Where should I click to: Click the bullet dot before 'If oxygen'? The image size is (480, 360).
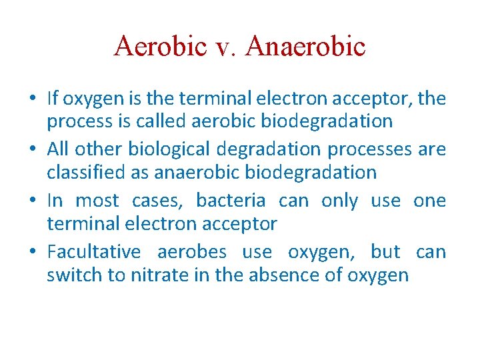point(33,99)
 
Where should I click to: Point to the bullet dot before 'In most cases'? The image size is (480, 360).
point(33,201)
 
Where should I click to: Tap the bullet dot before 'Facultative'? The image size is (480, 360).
point(33,252)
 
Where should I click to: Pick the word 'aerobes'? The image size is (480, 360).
point(192,252)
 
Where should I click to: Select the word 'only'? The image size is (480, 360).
point(339,201)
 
